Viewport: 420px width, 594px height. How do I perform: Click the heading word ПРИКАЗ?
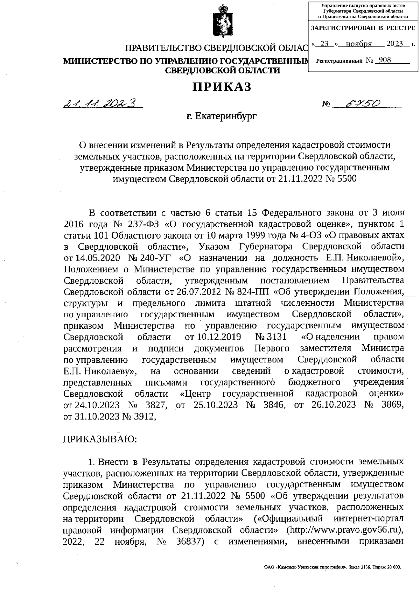pyautogui.click(x=222, y=87)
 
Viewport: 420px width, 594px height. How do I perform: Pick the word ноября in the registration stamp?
pyautogui.click(x=358, y=44)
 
